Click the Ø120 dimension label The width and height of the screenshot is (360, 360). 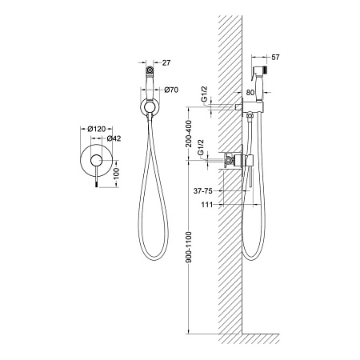pos(97,129)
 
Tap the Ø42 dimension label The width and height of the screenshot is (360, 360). pos(114,138)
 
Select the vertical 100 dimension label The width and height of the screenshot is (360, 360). pos(117,174)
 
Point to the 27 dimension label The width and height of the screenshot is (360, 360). pos(166,63)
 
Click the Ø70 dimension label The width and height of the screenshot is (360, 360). pos(171,90)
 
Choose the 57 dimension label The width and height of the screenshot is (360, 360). pos(275,57)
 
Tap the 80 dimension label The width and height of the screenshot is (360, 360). pos(250,93)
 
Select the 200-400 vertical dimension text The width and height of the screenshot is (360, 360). pos(189,134)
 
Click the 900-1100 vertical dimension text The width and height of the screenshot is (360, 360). pos(189,247)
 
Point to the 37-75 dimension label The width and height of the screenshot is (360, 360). pos(203,191)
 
